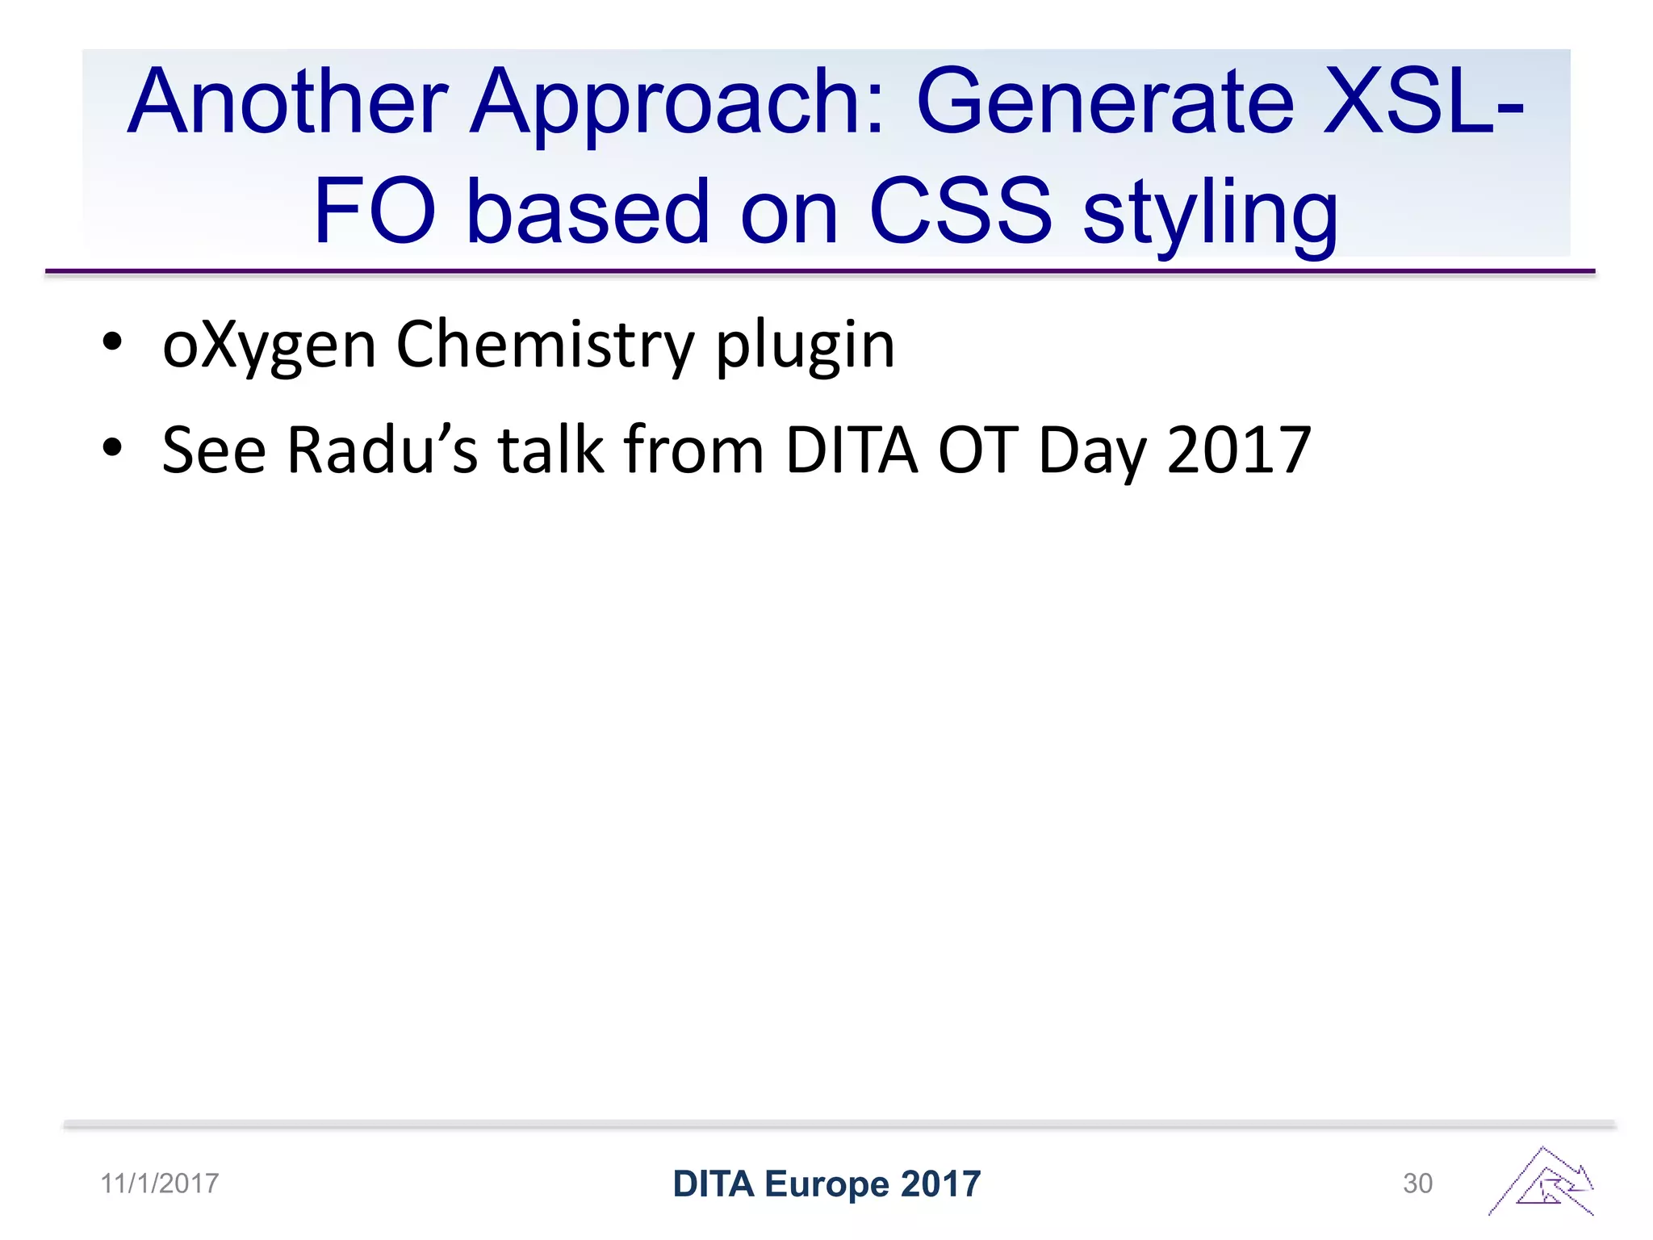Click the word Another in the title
287,103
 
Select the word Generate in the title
1106,103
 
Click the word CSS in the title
960,212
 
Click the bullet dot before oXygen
112,342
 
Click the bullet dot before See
112,447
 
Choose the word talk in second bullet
550,450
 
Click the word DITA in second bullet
851,450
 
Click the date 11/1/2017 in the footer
160,1183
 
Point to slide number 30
1417,1183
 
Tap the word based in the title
588,212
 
